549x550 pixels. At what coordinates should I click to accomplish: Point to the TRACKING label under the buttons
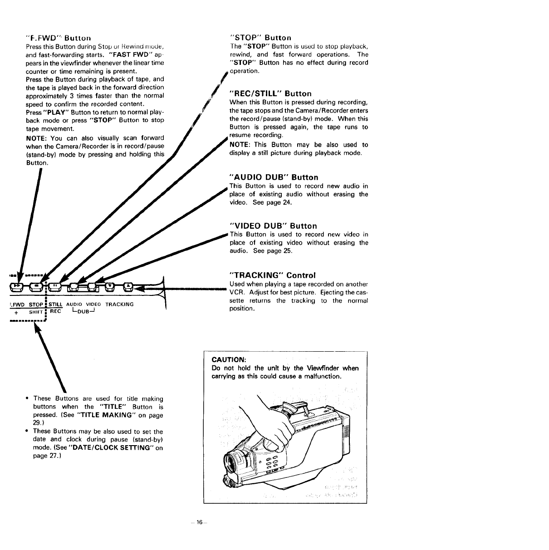pos(119,304)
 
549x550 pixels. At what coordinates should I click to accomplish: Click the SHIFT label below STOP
pos(36,312)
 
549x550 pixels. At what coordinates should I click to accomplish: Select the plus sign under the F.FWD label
pos(16,312)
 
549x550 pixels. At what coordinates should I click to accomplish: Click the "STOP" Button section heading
pos(260,38)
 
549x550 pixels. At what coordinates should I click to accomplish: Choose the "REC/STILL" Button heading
pos(270,93)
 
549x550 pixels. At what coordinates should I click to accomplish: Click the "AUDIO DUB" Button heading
pos(274,177)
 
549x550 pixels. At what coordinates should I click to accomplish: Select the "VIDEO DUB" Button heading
pos(274,226)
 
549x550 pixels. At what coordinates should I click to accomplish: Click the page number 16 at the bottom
pos(198,523)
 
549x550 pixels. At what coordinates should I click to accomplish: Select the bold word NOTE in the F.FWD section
pos(35,138)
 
